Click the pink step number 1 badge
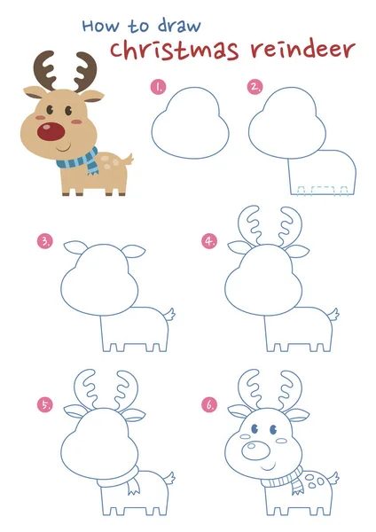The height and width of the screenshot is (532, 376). [x=159, y=87]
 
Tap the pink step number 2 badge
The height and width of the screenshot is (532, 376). [x=255, y=87]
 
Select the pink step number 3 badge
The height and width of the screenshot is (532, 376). [x=45, y=241]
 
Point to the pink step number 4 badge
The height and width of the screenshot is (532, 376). [x=209, y=241]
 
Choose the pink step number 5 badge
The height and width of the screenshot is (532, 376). [x=45, y=405]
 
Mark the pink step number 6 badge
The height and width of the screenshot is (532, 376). [x=209, y=405]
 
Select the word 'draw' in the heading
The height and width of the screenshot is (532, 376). [x=179, y=26]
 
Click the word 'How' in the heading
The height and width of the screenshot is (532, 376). [x=101, y=26]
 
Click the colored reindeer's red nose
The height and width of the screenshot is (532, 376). [x=51, y=132]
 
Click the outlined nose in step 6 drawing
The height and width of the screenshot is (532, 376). [x=256, y=450]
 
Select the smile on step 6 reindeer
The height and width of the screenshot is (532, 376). [x=268, y=467]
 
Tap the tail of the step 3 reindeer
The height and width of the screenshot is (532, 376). [x=169, y=315]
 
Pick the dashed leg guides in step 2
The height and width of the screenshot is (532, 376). [x=322, y=191]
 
